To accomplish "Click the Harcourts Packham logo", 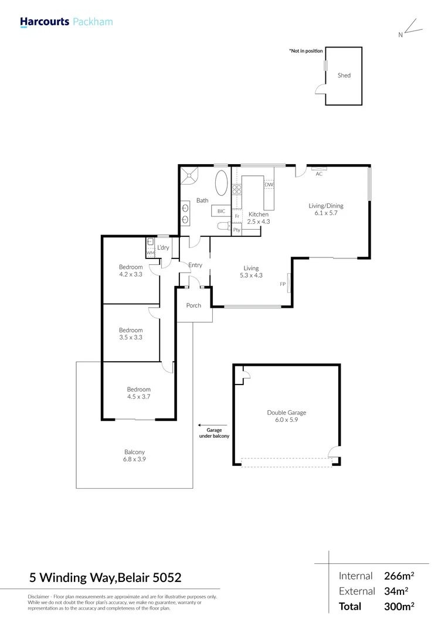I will pos(66,22).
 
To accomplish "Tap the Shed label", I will pos(344,76).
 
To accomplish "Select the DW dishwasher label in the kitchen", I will pos(269,185).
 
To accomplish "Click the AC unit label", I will pos(319,174).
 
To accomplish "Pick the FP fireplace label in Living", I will pos(283,284).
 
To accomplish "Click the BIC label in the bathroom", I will pos(221,211).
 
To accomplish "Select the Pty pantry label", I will pos(237,230).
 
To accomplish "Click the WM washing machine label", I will pos(149,253).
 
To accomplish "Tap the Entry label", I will pos(195,266).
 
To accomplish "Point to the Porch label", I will pos(194,305).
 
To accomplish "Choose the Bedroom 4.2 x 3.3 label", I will pos(131,271).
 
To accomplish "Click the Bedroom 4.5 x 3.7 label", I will pos(139,393).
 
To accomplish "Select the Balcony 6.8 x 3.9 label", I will pos(134,455).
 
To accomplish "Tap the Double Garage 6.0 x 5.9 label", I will pos(287,416).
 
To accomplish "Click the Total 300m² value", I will pos(400,607).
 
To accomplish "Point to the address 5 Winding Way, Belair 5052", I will pos(110,578).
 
